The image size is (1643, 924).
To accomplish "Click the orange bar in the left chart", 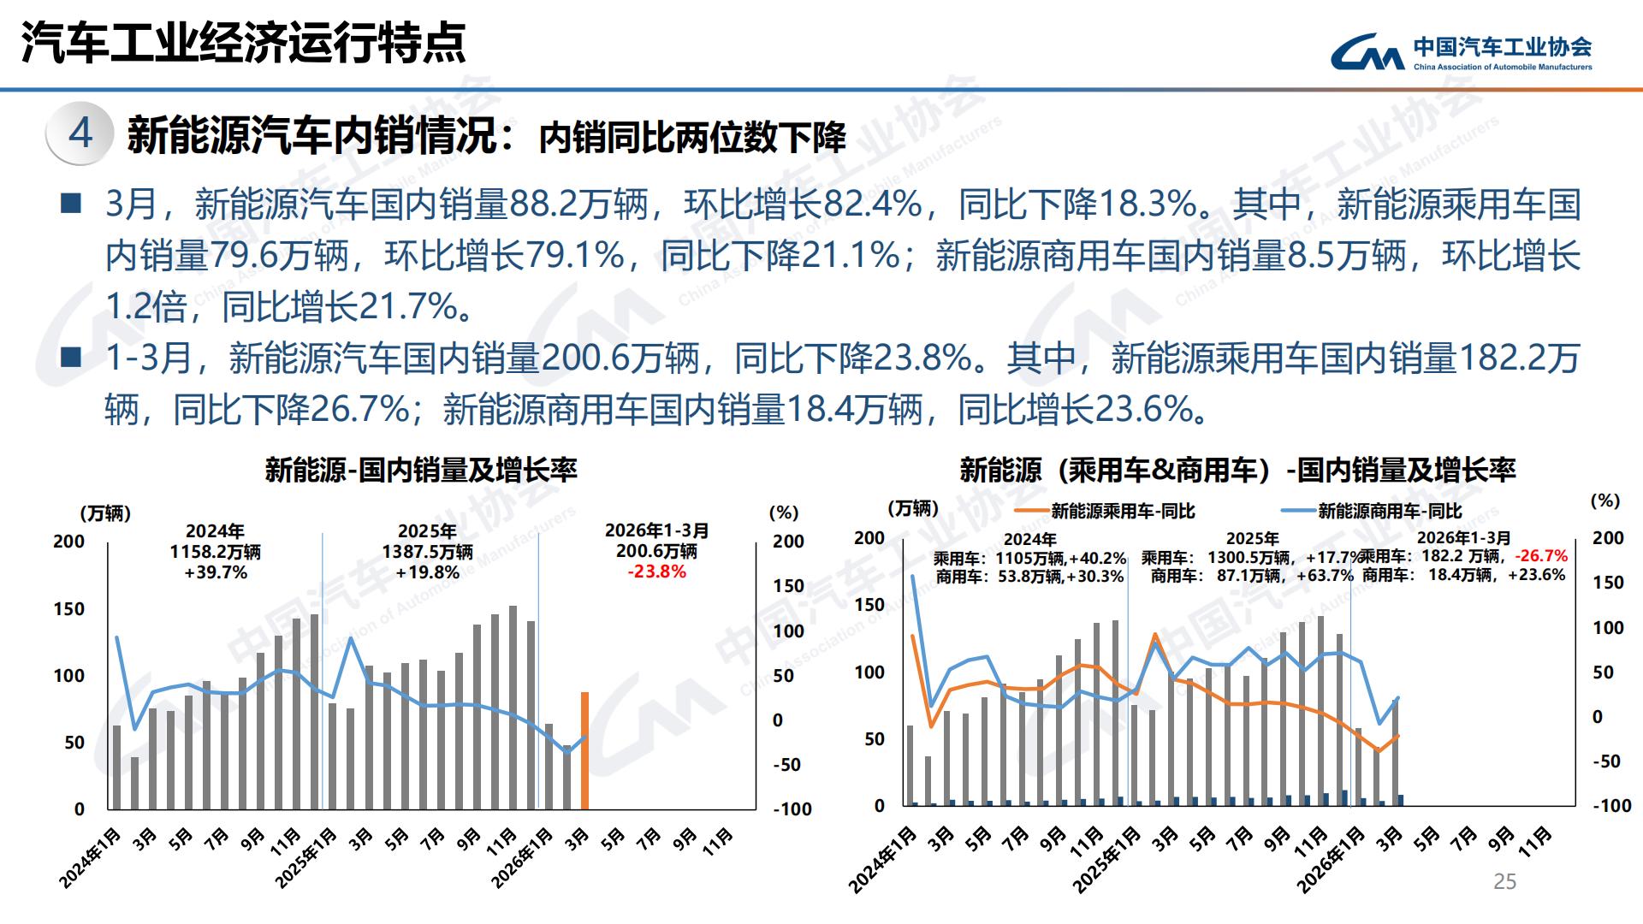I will pyautogui.click(x=585, y=751).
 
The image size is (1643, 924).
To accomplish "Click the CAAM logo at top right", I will pyautogui.click(x=1460, y=52).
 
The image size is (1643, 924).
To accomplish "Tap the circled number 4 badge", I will pyautogui.click(x=80, y=133).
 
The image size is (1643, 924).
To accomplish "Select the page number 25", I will pyautogui.click(x=1504, y=881).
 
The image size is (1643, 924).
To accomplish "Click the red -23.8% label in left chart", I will pyautogui.click(x=656, y=572).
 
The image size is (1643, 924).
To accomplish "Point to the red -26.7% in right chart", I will pyautogui.click(x=1541, y=556).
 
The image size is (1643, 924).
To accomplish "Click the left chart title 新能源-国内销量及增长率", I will pyautogui.click(x=421, y=470).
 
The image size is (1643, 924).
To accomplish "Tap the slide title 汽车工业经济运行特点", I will pyautogui.click(x=243, y=42).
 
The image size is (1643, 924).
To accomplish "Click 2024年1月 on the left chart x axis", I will pyautogui.click(x=91, y=857).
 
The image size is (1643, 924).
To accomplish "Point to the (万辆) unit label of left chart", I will pyautogui.click(x=105, y=513).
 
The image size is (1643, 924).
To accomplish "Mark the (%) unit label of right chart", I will pyautogui.click(x=1605, y=500).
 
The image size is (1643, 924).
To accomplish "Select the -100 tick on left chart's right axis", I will pyautogui.click(x=792, y=809).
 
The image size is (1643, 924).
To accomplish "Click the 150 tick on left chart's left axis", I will pyautogui.click(x=68, y=609).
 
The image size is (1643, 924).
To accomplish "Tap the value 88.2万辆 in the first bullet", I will pyautogui.click(x=578, y=204).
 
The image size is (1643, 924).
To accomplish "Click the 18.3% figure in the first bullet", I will pyautogui.click(x=1147, y=204).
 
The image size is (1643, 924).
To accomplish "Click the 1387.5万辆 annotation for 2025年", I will pyautogui.click(x=427, y=552).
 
